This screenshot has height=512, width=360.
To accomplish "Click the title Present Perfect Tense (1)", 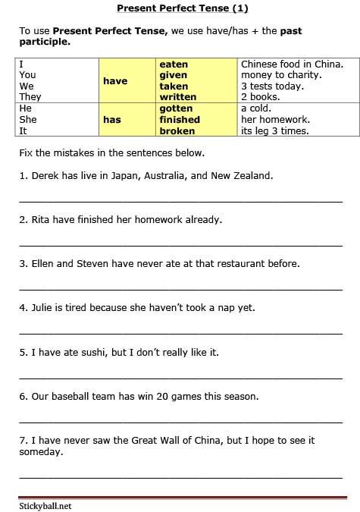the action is coord(182,8).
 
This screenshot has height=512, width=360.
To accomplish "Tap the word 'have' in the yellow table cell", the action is coord(115,81).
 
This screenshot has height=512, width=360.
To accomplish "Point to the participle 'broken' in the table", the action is coord(177,130).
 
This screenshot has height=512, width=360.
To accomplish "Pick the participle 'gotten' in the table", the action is coord(176,108).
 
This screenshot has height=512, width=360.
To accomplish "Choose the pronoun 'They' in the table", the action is coord(30,97).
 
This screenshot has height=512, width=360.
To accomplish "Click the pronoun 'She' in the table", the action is coord(28,119).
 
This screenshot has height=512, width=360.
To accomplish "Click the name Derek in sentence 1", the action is coord(45,175).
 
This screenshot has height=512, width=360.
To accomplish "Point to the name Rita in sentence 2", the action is coord(42,219).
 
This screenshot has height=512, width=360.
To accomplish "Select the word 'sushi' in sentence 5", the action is coord(86,352).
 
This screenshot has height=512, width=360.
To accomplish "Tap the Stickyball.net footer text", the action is coord(45,505).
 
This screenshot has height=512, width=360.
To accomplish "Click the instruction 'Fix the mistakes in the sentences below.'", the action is coord(111,152).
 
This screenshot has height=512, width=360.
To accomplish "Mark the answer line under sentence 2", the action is coord(180,245).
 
